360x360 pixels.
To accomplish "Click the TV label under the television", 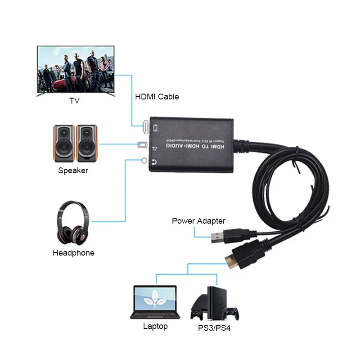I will tap(74, 100).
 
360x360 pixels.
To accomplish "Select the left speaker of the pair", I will tap(63, 143).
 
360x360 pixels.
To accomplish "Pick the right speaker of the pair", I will tap(86, 143).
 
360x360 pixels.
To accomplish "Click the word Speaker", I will tap(73, 171).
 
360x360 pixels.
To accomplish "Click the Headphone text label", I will tap(73, 253).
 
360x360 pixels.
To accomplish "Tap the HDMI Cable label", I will tap(157, 97).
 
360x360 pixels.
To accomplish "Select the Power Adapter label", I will tap(198, 221).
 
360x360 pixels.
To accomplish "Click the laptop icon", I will tap(155, 302).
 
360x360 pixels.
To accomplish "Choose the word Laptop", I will tap(155, 326).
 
